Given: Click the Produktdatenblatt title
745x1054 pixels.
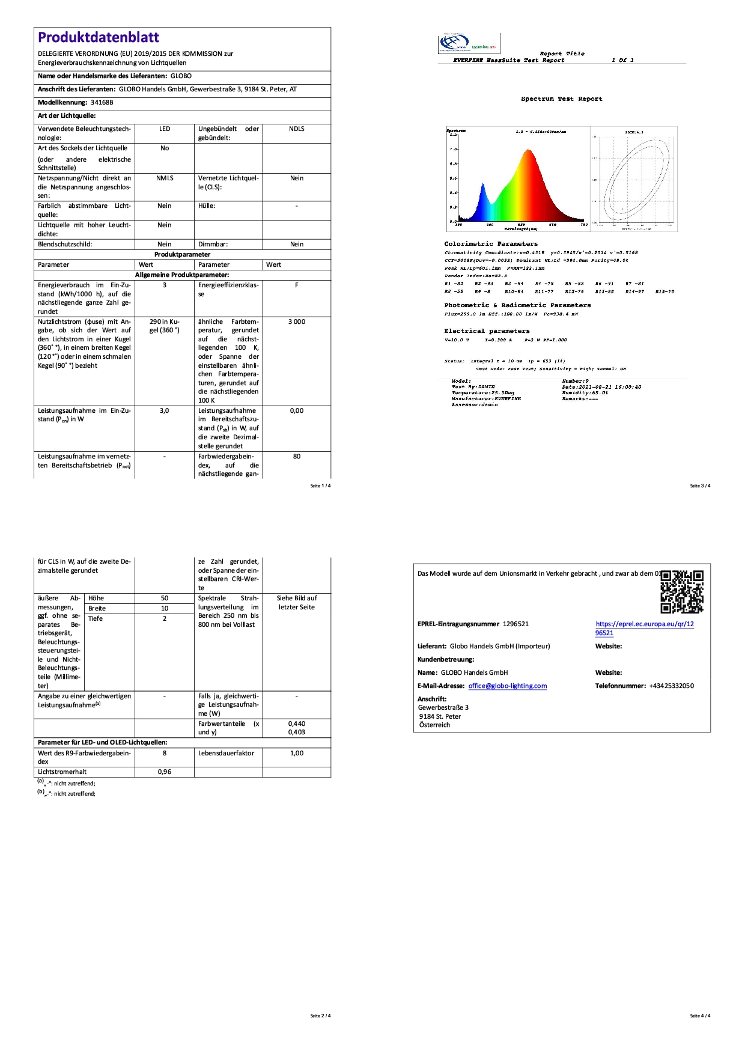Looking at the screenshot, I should tap(99, 37).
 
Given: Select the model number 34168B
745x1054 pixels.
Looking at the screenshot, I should tap(102, 103).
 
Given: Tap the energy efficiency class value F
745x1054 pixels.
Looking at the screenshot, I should tap(297, 285).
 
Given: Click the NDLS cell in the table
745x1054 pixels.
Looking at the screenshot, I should tap(297, 129).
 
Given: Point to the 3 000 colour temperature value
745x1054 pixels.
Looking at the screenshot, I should tap(297, 322).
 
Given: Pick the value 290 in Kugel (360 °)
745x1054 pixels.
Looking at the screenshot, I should tap(165, 326).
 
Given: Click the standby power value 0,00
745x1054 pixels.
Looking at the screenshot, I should tap(297, 411).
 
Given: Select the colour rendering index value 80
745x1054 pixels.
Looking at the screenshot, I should tap(297, 457).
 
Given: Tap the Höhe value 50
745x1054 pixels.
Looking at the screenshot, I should tap(165, 599).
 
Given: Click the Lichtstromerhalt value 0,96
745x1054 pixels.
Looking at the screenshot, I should tap(165, 772).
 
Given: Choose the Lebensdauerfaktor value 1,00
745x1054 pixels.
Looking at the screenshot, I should tap(297, 754).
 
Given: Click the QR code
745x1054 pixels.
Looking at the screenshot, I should tap(682, 592).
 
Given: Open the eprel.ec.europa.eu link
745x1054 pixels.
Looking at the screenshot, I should tap(644, 628).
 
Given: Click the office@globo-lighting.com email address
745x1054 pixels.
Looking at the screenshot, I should tap(508, 686).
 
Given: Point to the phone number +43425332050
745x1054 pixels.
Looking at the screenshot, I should tap(671, 686).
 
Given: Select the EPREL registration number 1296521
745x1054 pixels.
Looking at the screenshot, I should tap(515, 624).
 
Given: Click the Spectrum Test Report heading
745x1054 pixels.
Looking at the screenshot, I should tap(561, 99).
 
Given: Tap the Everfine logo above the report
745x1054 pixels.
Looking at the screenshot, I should tap(468, 44).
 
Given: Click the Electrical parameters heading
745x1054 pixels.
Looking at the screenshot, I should tap(487, 331).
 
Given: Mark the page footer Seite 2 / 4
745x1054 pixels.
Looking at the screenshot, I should tap(320, 1016).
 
